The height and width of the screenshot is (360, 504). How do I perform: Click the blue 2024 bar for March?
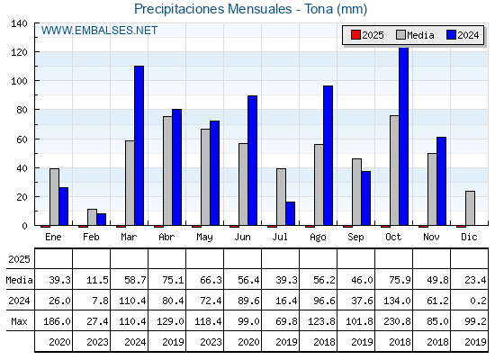point(139,146)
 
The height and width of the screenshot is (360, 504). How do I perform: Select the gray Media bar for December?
point(470,208)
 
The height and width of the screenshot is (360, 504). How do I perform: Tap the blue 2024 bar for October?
point(404,136)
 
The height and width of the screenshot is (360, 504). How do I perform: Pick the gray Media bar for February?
point(92,217)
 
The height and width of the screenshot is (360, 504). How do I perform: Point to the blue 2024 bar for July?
point(290,214)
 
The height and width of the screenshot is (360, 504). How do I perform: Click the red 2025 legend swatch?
point(355,35)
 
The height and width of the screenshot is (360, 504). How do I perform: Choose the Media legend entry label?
point(420,35)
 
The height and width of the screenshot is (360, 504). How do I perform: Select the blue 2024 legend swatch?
point(451,35)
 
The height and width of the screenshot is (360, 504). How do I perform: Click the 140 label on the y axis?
point(19,23)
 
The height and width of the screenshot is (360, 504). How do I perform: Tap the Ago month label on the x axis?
point(318,238)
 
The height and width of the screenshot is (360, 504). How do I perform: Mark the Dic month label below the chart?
point(469,237)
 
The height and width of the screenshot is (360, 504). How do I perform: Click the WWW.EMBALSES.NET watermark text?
point(99,31)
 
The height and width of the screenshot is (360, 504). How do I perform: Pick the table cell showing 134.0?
point(397,301)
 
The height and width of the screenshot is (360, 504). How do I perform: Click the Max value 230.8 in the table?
point(397,321)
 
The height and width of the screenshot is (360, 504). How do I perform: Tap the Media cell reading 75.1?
point(173,280)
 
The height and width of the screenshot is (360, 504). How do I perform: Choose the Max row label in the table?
point(19,321)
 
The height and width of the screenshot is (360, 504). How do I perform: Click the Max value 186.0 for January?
point(57,321)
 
